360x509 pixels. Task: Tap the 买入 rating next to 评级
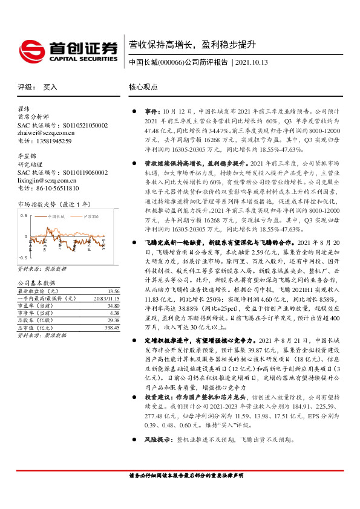click(50, 87)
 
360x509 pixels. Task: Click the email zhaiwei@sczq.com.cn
click(47, 132)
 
